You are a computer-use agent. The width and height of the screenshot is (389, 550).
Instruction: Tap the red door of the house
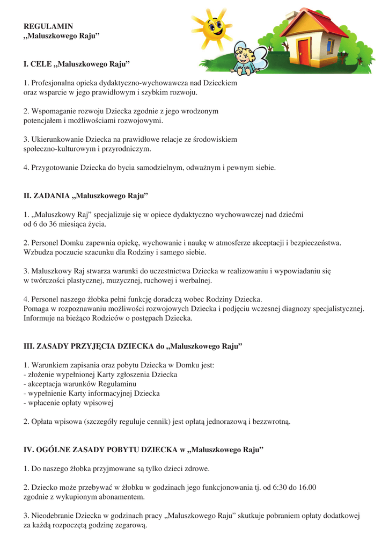(x=304, y=50)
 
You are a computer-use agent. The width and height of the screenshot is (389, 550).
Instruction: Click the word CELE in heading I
(x=41, y=64)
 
